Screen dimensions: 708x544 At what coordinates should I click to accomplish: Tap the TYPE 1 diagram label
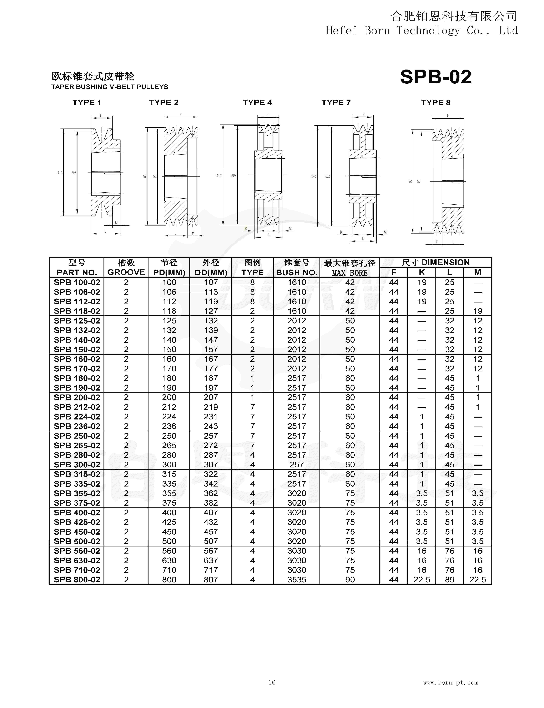coord(87,103)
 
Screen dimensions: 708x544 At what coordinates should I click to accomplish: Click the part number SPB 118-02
coord(77,311)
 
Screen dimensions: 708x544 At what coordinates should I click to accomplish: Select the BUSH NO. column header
coord(297,273)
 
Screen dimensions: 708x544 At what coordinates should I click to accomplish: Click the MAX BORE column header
coord(350,273)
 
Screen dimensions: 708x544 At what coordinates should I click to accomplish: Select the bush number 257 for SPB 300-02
coord(297,465)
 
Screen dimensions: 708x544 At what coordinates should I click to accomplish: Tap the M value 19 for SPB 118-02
coord(478,311)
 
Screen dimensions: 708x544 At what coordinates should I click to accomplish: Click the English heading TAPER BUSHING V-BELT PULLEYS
coord(110,87)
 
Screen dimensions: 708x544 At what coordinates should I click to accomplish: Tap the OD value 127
coord(211,311)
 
